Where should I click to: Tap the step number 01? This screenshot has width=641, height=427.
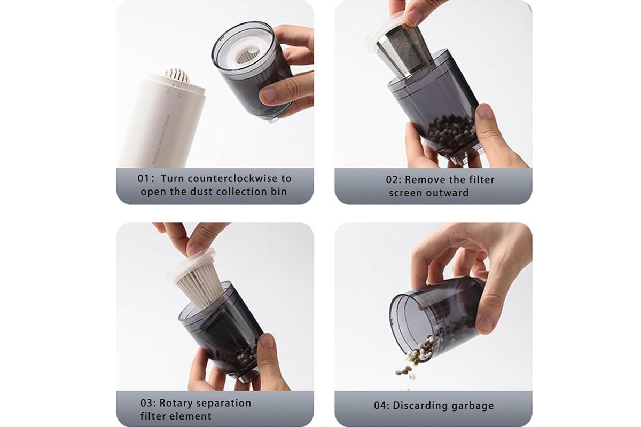144,178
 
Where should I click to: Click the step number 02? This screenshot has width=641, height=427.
392,180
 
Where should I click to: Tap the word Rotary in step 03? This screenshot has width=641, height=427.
174,403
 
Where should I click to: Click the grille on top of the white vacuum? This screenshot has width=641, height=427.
177,75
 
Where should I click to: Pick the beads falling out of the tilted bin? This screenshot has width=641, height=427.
412,362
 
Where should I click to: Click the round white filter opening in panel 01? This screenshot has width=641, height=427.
247,55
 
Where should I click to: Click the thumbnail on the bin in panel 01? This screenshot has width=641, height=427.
268,94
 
